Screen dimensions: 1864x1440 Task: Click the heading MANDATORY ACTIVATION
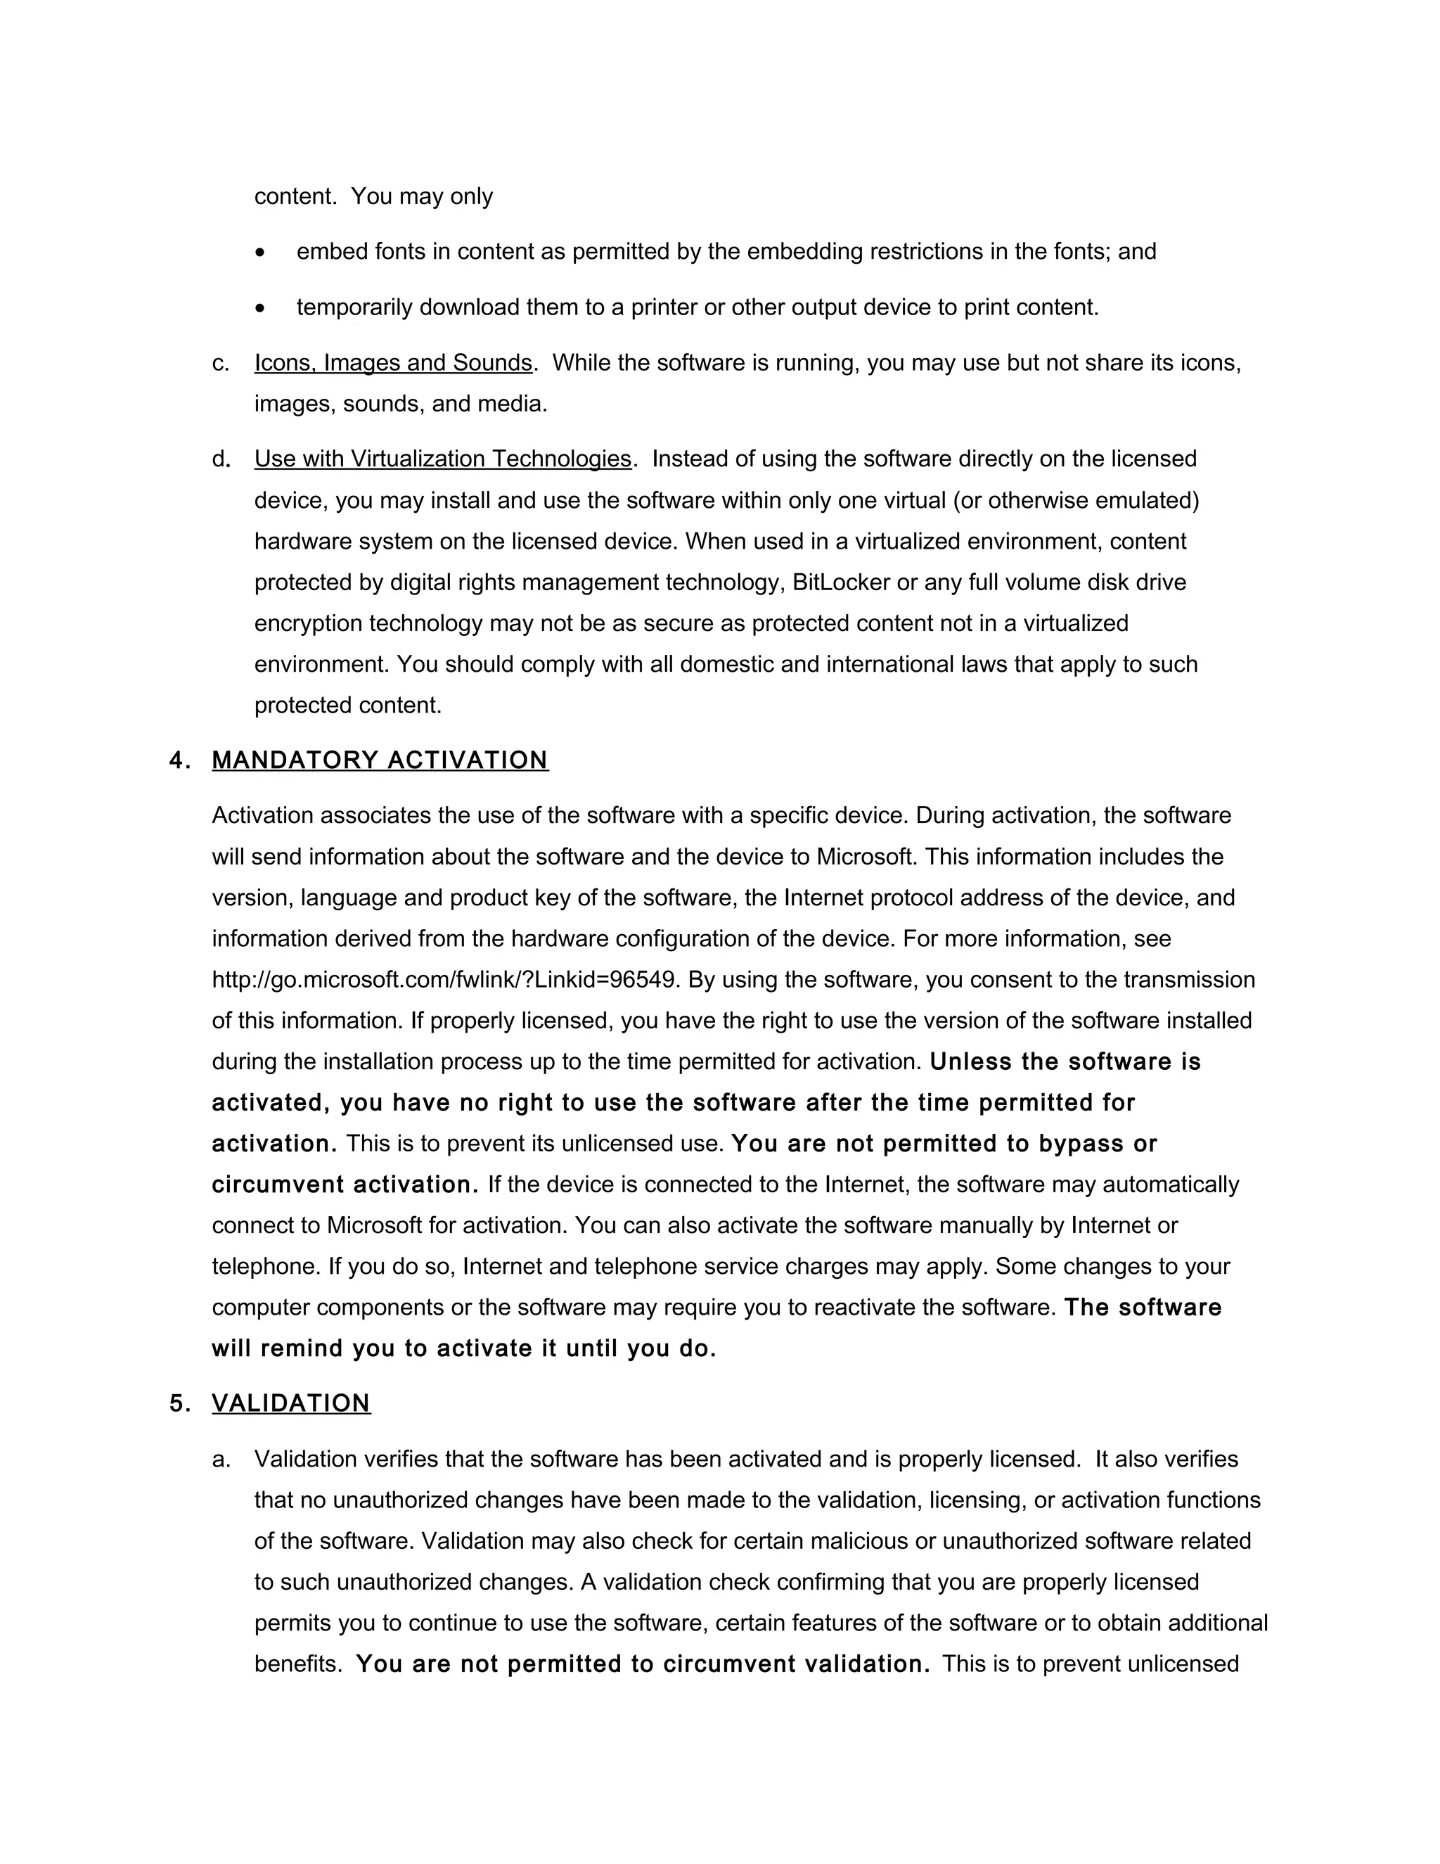click(380, 760)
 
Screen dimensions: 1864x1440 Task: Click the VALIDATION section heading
click(291, 1403)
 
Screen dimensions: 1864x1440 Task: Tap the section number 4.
click(179, 760)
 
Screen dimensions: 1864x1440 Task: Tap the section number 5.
click(179, 1403)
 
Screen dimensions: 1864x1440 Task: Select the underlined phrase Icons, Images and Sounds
click(393, 363)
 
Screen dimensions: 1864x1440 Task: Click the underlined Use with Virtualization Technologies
click(443, 459)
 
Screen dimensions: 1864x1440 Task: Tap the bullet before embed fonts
click(260, 253)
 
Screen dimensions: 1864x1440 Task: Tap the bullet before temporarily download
click(260, 309)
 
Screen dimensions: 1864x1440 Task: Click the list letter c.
click(221, 364)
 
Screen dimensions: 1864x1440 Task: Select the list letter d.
click(221, 459)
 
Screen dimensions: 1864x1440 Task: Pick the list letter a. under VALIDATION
click(221, 1460)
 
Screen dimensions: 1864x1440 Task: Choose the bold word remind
click(302, 1348)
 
